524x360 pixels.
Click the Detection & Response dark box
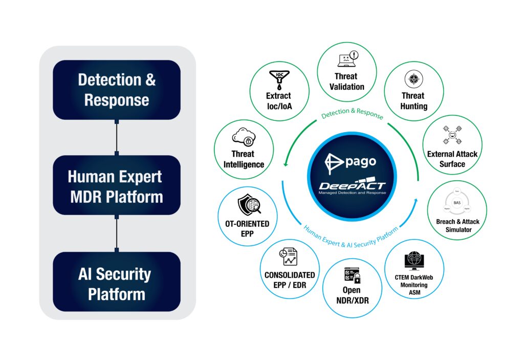117,90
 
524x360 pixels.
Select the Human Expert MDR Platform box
117,185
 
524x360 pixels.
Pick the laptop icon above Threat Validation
346,60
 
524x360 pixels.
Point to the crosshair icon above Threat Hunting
413,79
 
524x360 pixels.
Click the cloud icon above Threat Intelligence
243,137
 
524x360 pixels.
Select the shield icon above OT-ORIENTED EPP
249,206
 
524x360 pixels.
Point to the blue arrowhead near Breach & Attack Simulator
418,197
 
